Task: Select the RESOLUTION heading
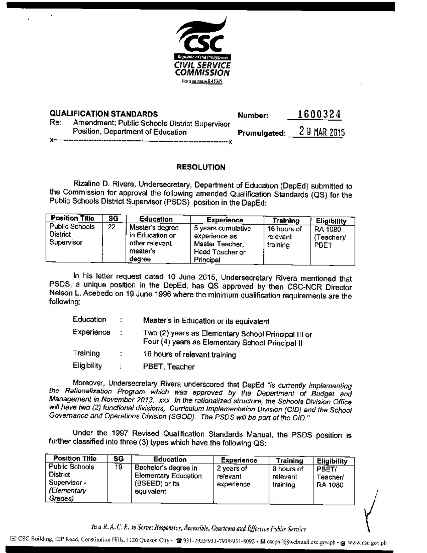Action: (201, 167)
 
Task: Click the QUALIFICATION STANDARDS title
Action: (104, 114)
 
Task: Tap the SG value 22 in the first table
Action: (111, 227)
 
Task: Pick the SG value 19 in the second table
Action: (118, 467)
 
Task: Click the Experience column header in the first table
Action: (225, 220)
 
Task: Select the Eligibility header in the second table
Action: (332, 461)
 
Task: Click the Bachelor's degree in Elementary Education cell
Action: (168, 479)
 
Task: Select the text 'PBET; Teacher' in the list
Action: (169, 367)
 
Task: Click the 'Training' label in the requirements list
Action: (86, 353)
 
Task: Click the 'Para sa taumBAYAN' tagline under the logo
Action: (202, 82)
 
